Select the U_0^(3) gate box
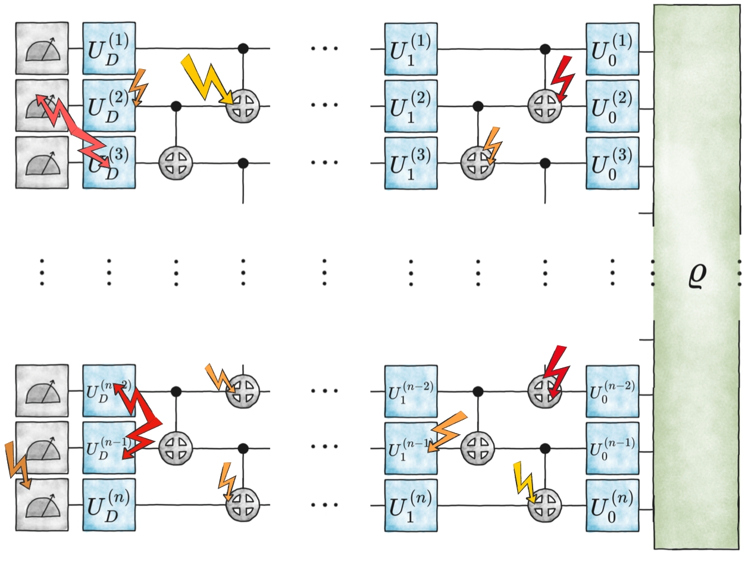click(x=612, y=163)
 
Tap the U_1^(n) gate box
click(x=411, y=505)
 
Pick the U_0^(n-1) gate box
click(x=612, y=448)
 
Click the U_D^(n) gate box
click(x=109, y=505)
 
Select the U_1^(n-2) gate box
click(x=411, y=391)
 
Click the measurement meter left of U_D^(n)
click(x=42, y=505)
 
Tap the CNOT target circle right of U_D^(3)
click(x=176, y=163)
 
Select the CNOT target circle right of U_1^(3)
click(x=477, y=163)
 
